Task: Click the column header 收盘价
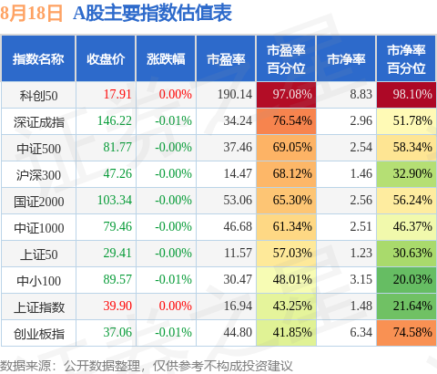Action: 106,59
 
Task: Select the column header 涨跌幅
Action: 166,59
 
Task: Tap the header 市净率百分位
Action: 406,59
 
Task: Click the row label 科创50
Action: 38,96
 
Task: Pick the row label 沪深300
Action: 38,175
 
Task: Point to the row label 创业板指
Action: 39,334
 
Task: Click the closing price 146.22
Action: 115,121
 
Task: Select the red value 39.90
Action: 117,306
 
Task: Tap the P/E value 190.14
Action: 235,94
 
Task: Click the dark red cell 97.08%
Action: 286,95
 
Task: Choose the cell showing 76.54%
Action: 286,121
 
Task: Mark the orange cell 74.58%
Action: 406,332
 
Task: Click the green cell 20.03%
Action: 406,279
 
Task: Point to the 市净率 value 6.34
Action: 361,332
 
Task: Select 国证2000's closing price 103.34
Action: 115,201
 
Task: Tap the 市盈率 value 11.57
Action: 238,253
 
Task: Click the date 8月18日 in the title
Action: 31,14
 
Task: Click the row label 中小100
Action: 38,281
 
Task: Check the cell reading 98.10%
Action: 406,95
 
